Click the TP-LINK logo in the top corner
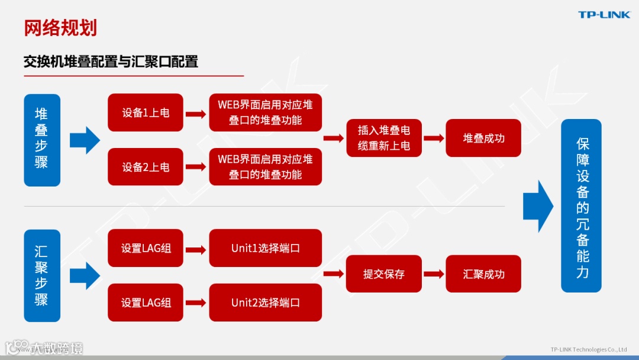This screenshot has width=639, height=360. (603, 15)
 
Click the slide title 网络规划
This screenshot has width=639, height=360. (60, 28)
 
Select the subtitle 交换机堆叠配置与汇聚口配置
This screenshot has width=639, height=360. (111, 62)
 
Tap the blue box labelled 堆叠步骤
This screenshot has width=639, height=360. (42, 140)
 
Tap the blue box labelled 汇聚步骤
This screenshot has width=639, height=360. (42, 276)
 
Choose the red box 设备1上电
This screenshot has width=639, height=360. (146, 112)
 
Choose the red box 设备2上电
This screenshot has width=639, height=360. (146, 167)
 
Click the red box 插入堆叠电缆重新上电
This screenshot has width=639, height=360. (384, 138)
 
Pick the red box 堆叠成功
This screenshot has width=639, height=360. (483, 138)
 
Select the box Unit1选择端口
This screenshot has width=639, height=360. (266, 248)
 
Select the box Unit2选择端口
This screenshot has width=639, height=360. (266, 303)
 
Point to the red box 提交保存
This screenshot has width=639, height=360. (384, 274)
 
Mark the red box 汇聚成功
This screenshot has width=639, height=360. (483, 274)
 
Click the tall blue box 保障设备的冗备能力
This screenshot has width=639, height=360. (581, 205)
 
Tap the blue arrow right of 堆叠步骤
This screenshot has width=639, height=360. (85, 140)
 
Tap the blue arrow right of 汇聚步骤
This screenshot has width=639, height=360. (85, 276)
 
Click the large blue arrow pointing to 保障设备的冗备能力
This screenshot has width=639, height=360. (538, 206)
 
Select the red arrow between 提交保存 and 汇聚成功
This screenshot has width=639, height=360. (434, 274)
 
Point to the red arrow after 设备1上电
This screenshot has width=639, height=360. (195, 114)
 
